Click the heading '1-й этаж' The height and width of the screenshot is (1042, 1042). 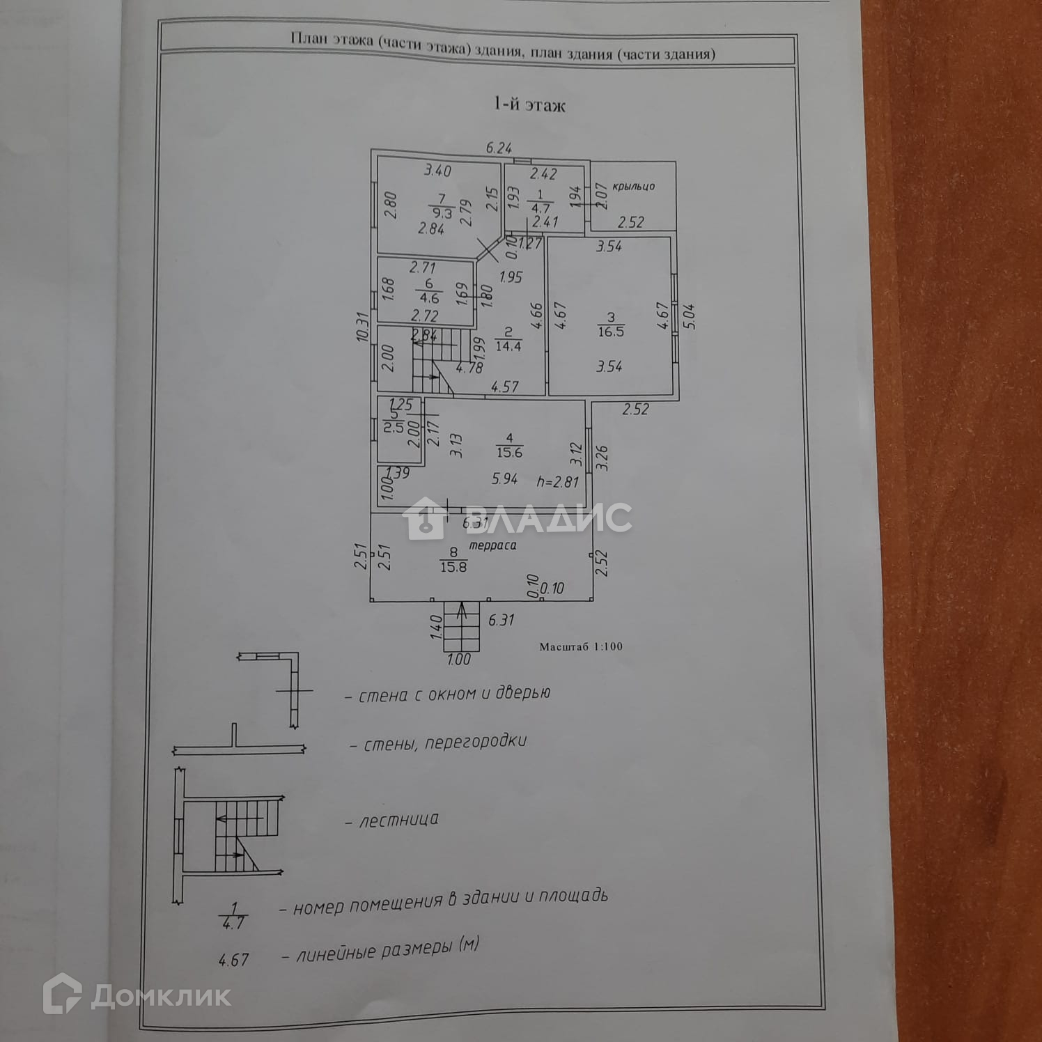529,105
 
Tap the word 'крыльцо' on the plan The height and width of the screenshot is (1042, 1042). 634,187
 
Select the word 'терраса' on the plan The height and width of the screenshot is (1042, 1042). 492,545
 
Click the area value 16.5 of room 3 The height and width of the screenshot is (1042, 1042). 611,332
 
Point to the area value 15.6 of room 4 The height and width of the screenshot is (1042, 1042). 510,452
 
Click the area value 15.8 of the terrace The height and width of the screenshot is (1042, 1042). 453,567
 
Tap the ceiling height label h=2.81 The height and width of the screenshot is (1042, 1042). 558,481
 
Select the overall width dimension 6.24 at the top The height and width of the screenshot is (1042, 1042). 499,148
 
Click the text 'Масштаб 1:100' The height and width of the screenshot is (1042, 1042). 581,646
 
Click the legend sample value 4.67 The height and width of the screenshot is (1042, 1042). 233,960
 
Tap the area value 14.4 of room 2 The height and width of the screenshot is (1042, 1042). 508,345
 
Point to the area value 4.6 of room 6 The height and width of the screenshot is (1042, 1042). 430,298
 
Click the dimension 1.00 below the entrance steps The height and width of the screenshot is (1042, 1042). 458,659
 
